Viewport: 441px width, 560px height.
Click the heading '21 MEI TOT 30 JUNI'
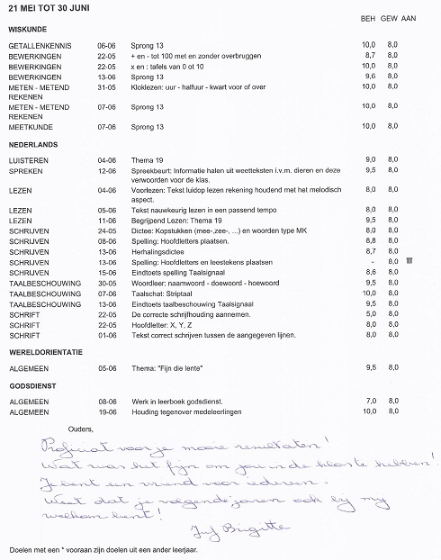point(52,7)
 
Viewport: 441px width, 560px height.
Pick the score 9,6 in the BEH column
point(368,77)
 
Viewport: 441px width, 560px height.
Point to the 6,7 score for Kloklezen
point(368,88)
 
